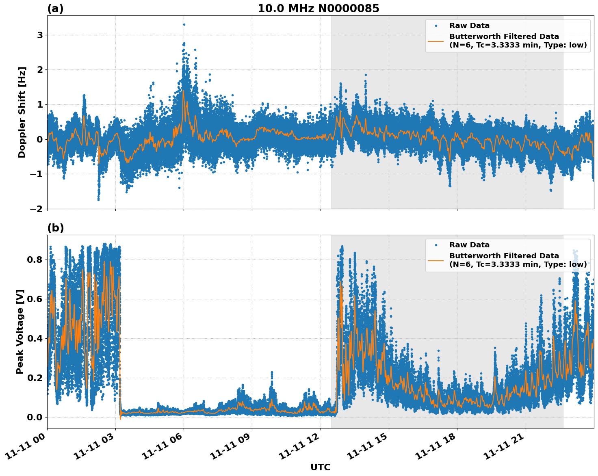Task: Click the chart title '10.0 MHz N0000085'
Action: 318,9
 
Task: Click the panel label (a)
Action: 55,9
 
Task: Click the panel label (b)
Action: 55,228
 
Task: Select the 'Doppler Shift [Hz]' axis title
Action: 22,112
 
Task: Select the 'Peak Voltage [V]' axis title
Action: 20,331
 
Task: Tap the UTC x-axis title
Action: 320,467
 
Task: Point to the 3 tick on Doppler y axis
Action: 40,35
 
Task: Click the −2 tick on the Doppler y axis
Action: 37,209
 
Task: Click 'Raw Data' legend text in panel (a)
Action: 469,26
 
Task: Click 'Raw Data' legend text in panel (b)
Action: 469,245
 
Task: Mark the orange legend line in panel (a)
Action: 436,41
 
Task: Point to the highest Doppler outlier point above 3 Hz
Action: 184,24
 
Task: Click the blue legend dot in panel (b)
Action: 436,245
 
